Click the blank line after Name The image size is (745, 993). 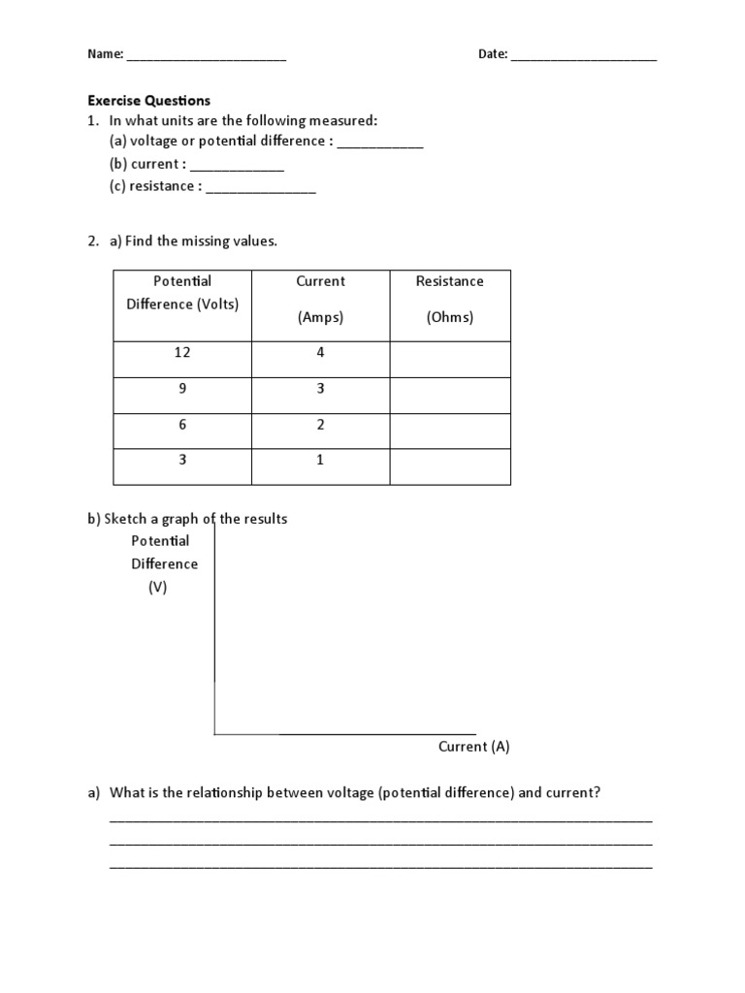click(206, 57)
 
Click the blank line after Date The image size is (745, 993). click(583, 57)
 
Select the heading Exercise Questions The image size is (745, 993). click(148, 100)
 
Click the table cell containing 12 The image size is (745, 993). click(182, 353)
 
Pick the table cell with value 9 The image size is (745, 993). click(182, 389)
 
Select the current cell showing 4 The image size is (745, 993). click(320, 353)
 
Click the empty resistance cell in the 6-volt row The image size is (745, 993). click(450, 425)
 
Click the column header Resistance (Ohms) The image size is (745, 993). click(450, 299)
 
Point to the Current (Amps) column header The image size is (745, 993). click(320, 299)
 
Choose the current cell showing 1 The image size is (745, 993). click(320, 461)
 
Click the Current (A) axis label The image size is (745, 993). click(473, 746)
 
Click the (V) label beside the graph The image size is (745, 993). click(157, 587)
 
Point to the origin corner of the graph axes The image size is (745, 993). click(214, 734)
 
